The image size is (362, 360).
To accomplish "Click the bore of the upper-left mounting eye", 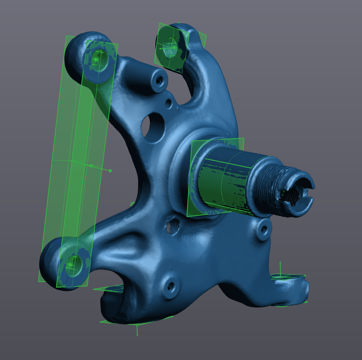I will pos(97,58).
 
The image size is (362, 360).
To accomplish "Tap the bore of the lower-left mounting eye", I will pos(74,262).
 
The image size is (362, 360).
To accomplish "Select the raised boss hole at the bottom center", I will pos(170,286).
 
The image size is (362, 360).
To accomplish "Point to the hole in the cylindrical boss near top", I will pos(159,81).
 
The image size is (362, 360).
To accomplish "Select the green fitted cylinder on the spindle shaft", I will pos(224,181).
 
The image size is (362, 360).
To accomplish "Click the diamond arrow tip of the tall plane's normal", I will pos(110,170).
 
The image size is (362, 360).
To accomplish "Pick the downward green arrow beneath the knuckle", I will pos(137,331).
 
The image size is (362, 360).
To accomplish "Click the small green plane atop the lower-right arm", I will pos(290,277).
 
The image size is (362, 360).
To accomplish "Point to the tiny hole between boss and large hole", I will pos(168,103).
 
